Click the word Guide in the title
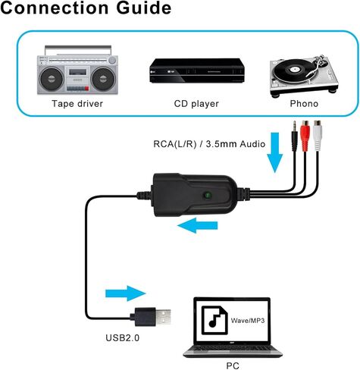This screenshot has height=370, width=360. pos(143,8)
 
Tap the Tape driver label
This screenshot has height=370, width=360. pos(77,104)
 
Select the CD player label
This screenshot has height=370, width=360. pos(196,104)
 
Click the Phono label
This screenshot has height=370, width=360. pos(304,103)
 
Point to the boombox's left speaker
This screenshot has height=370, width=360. pos(52,79)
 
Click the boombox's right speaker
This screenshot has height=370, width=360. pos(103,79)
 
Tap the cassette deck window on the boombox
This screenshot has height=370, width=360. pos(77,72)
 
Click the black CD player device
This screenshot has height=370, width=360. pos(197,71)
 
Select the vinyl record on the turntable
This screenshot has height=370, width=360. pos(294,70)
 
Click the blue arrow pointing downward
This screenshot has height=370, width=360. pos(275,152)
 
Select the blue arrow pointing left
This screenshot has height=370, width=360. pos(197,225)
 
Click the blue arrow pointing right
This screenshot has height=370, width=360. pos(126,293)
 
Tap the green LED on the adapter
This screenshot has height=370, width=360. pos(208,195)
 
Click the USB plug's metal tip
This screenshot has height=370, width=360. pos(163,317)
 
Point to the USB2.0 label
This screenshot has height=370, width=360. pos(123,338)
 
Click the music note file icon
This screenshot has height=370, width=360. pos(214,320)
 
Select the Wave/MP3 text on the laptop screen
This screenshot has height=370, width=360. pos(248,321)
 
